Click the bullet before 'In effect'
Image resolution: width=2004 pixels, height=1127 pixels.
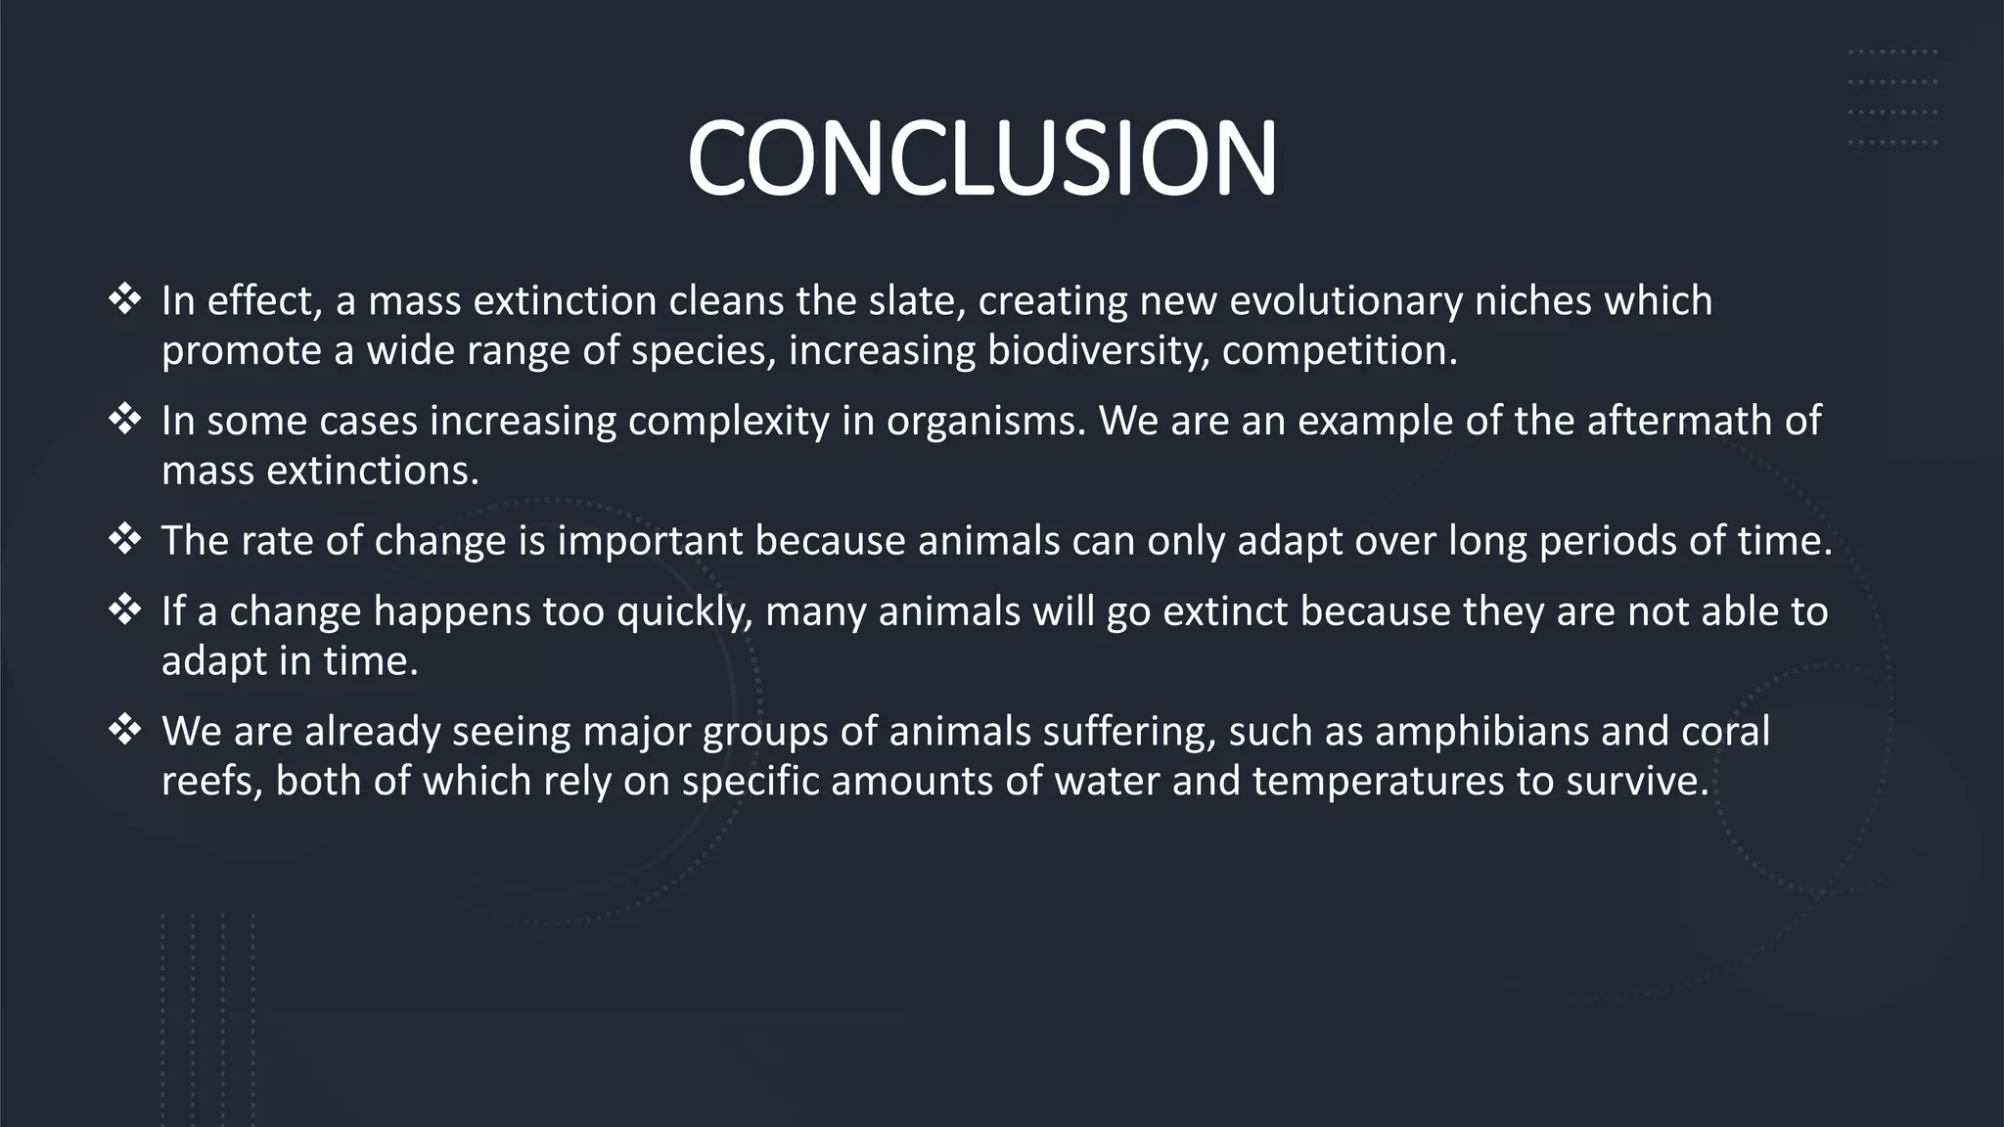(125, 299)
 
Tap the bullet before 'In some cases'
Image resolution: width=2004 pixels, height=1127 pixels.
(125, 420)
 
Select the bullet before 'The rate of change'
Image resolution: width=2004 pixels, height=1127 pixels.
(125, 539)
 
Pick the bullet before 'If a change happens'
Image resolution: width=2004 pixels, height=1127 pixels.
(125, 610)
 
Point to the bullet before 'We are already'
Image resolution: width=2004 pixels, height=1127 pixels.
(125, 730)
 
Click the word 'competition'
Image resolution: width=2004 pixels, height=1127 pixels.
(1339, 351)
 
